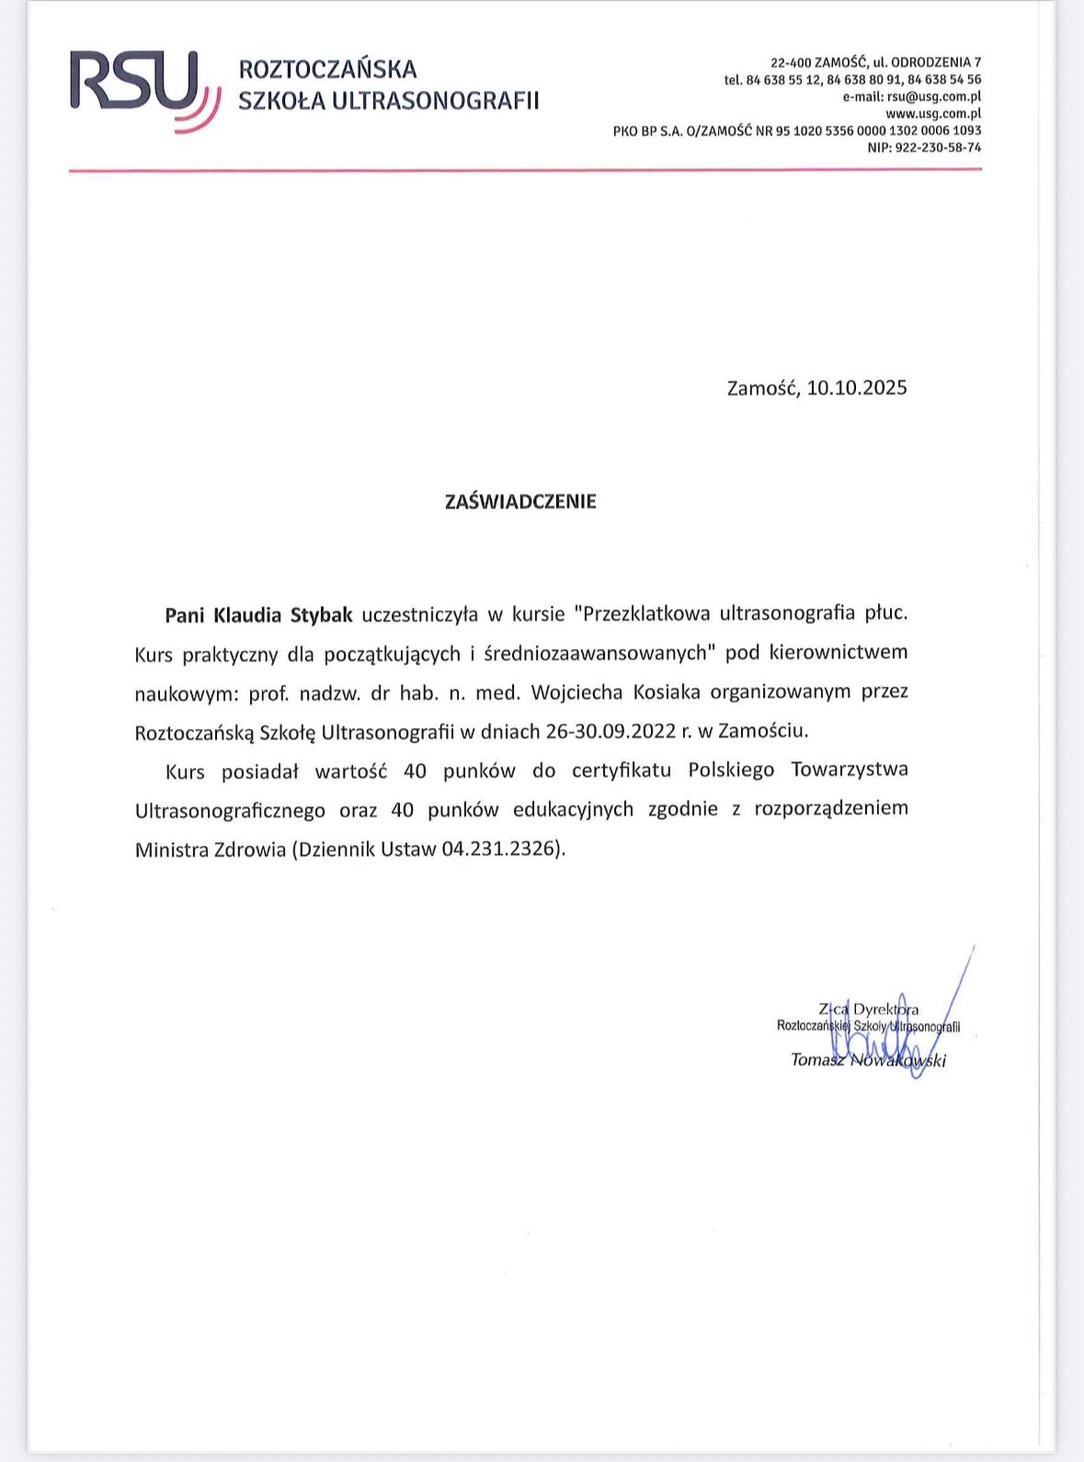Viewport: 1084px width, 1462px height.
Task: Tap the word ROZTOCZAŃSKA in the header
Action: point(327,69)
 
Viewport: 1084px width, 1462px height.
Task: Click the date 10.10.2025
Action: point(857,387)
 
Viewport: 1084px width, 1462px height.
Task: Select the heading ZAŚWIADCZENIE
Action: point(520,501)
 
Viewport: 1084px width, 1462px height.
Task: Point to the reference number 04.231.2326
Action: point(499,849)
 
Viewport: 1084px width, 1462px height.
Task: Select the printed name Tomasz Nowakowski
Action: point(868,1060)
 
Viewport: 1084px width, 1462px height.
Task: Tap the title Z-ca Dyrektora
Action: point(868,1009)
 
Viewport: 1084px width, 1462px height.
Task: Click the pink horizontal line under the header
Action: point(525,170)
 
